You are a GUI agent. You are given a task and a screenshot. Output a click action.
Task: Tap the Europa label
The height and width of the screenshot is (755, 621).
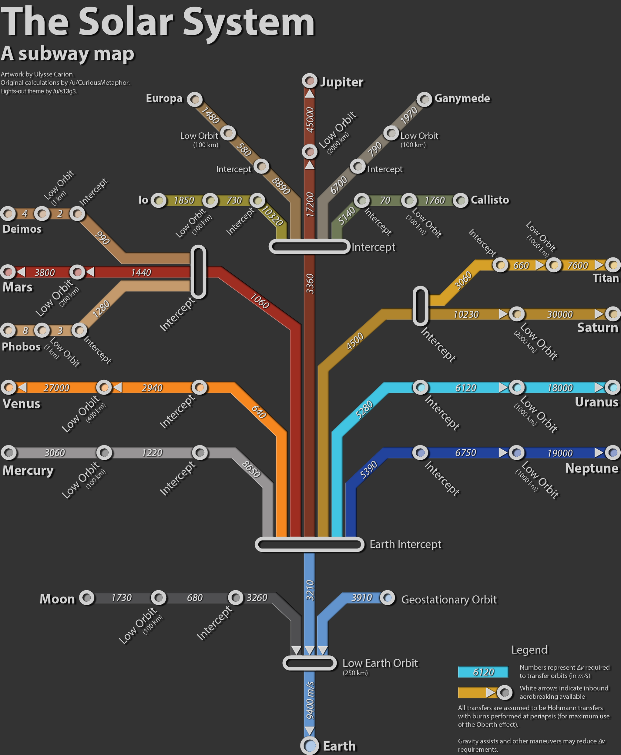pyautogui.click(x=164, y=98)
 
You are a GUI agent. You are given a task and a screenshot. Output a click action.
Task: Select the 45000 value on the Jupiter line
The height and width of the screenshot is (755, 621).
pyautogui.click(x=310, y=120)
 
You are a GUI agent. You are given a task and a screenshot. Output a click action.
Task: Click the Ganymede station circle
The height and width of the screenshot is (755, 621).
pyautogui.click(x=424, y=99)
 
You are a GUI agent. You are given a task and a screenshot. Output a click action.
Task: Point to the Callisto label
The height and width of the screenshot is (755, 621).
pyautogui.click(x=489, y=200)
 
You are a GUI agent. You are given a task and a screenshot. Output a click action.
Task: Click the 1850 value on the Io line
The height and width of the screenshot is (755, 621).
pyautogui.click(x=184, y=200)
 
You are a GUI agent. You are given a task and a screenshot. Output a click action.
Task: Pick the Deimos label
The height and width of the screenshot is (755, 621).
pyautogui.click(x=22, y=229)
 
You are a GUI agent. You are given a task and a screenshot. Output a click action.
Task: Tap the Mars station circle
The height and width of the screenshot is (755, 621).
pyautogui.click(x=8, y=272)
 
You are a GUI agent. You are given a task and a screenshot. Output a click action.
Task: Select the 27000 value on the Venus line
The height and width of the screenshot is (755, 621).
pyautogui.click(x=56, y=388)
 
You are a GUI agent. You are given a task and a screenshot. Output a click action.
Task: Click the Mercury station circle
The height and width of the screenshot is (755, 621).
pyautogui.click(x=9, y=453)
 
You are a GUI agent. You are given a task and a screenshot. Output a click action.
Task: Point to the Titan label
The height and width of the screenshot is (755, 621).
pyautogui.click(x=605, y=278)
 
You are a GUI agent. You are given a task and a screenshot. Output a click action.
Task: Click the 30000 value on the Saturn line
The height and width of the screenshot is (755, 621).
pyautogui.click(x=559, y=314)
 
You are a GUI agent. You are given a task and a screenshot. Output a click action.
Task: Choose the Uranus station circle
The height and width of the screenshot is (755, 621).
pyautogui.click(x=613, y=387)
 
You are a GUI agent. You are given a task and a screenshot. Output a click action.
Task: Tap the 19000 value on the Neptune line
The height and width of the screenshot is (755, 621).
pyautogui.click(x=559, y=453)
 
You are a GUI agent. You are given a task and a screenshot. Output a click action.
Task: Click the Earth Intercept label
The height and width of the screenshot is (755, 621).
pyautogui.click(x=405, y=545)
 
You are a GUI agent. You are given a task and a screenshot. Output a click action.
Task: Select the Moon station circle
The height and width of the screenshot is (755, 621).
pyautogui.click(x=86, y=598)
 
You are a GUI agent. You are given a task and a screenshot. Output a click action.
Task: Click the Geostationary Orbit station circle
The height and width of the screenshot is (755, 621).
pyautogui.click(x=388, y=598)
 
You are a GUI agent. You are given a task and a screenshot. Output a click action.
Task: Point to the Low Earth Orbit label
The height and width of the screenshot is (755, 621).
pyautogui.click(x=380, y=663)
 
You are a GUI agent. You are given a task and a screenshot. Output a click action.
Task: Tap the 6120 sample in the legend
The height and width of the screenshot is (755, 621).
pyautogui.click(x=483, y=672)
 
